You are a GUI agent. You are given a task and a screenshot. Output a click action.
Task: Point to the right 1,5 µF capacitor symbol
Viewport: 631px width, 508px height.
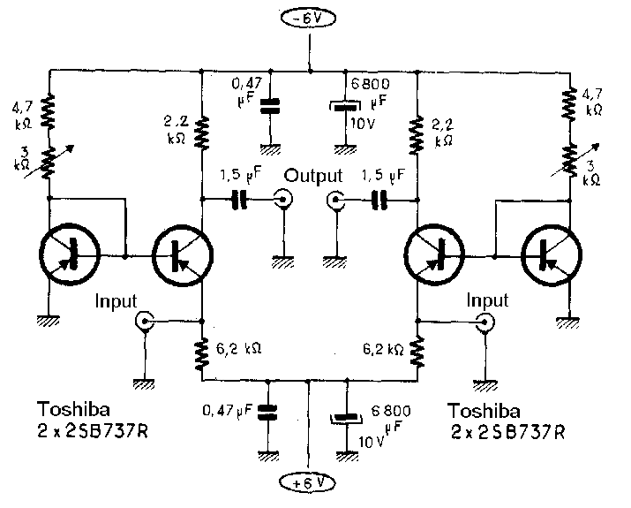click(380, 201)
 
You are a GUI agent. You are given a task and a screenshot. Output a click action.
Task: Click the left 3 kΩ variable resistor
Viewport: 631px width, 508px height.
click(49, 161)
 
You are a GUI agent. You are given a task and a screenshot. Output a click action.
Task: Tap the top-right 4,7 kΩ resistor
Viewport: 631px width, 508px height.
click(570, 108)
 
